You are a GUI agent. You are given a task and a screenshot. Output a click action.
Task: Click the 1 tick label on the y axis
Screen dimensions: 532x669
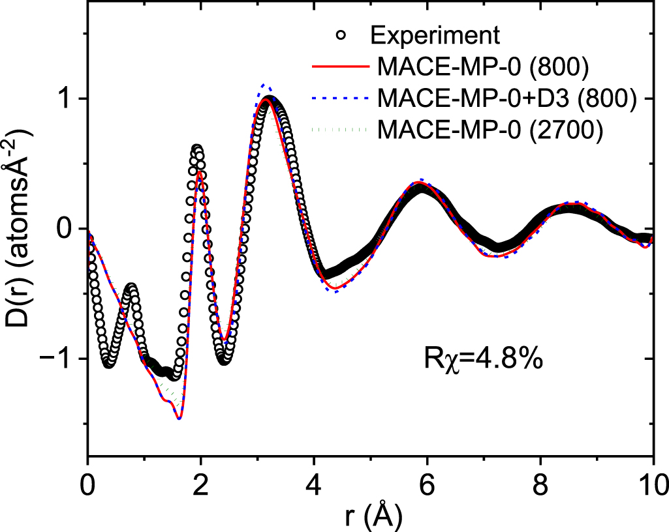(x=67, y=99)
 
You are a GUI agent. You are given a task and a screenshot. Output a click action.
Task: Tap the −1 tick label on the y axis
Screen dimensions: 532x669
(x=61, y=359)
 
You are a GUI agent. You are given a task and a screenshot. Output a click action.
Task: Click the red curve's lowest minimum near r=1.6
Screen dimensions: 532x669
(x=178, y=419)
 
